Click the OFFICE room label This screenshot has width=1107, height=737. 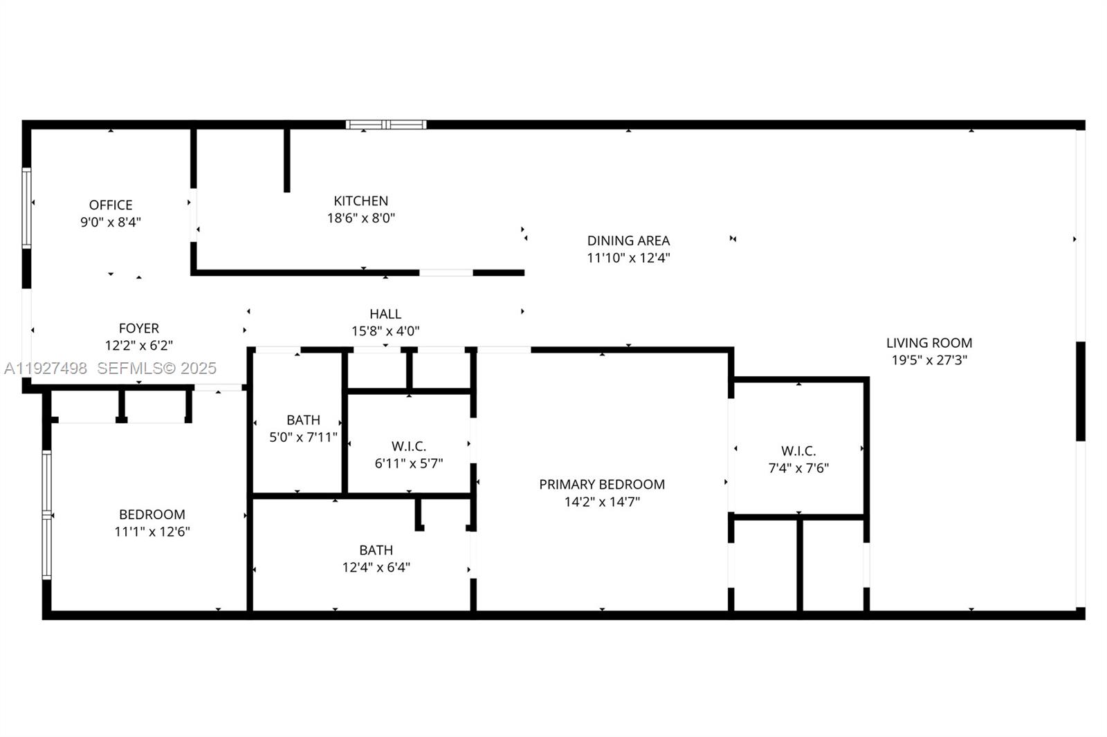tap(111, 205)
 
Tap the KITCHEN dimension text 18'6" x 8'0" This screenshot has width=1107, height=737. tap(360, 218)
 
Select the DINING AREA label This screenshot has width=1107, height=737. tap(628, 241)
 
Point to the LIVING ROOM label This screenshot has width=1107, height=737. tap(928, 342)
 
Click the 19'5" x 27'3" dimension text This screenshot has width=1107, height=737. tap(928, 360)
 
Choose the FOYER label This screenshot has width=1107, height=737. tap(138, 328)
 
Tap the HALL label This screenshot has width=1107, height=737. tap(385, 314)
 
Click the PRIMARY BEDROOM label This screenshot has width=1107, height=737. tap(602, 484)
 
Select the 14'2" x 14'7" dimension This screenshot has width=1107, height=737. tap(602, 501)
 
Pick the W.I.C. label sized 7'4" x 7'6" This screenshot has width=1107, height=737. tap(798, 451)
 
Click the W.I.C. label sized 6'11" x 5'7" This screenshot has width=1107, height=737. tap(408, 446)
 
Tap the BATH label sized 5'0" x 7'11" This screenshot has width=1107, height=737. tap(303, 420)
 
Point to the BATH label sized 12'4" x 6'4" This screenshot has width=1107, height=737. tap(376, 550)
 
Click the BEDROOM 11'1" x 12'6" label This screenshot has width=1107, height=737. tap(152, 514)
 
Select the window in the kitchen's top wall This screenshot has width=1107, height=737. tap(386, 125)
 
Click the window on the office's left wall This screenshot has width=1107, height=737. tap(26, 207)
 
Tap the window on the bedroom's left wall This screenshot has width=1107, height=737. tap(46, 515)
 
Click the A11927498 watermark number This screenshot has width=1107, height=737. tap(46, 368)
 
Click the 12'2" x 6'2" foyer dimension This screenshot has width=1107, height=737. tap(138, 346)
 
